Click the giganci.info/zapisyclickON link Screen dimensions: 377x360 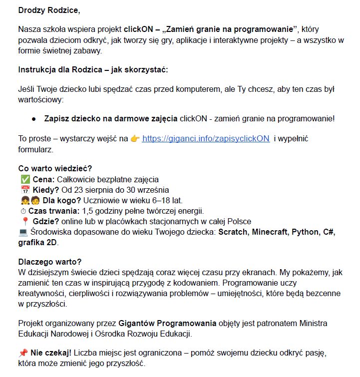click(206, 138)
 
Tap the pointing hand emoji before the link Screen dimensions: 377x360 click(135, 138)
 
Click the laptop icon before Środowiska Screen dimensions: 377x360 click(23, 232)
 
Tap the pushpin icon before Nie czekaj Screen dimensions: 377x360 click(23, 353)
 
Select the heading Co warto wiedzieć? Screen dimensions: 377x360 click(55, 169)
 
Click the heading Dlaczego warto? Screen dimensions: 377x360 click(49, 262)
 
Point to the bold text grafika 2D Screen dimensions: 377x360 click(38, 243)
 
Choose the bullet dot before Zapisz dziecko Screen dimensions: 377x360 click(34, 119)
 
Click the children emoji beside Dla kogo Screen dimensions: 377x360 click(29, 201)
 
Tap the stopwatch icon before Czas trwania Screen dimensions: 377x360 click(22, 211)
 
